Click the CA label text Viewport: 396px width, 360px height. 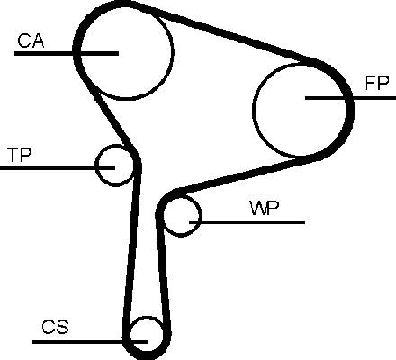pos(31,40)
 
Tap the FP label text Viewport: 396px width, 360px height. pos(377,83)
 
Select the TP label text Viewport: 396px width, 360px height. pos(20,155)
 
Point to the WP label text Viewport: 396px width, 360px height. pos(265,208)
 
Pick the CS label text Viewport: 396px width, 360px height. pos(55,327)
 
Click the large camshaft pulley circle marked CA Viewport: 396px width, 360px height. pos(174,51)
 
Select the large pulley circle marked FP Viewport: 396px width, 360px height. pos(254,110)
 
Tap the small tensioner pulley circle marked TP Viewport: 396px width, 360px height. pos(96,165)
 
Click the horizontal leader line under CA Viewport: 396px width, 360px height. pos(67,53)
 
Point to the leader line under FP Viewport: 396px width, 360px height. pos(350,98)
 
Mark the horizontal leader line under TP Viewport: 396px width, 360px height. pos(58,168)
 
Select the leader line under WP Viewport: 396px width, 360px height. pos(247,222)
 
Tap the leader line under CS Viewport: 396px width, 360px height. pos(90,341)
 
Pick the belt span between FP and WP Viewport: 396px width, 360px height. pos(240,175)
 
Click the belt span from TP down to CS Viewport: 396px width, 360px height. pos(132,246)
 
